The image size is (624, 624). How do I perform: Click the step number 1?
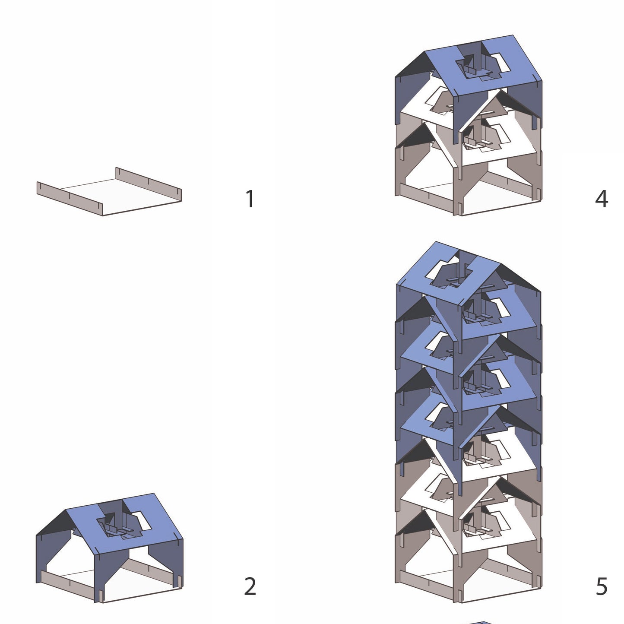[250, 199]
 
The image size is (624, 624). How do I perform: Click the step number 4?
[602, 199]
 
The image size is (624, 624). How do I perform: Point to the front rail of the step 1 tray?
[70, 199]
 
